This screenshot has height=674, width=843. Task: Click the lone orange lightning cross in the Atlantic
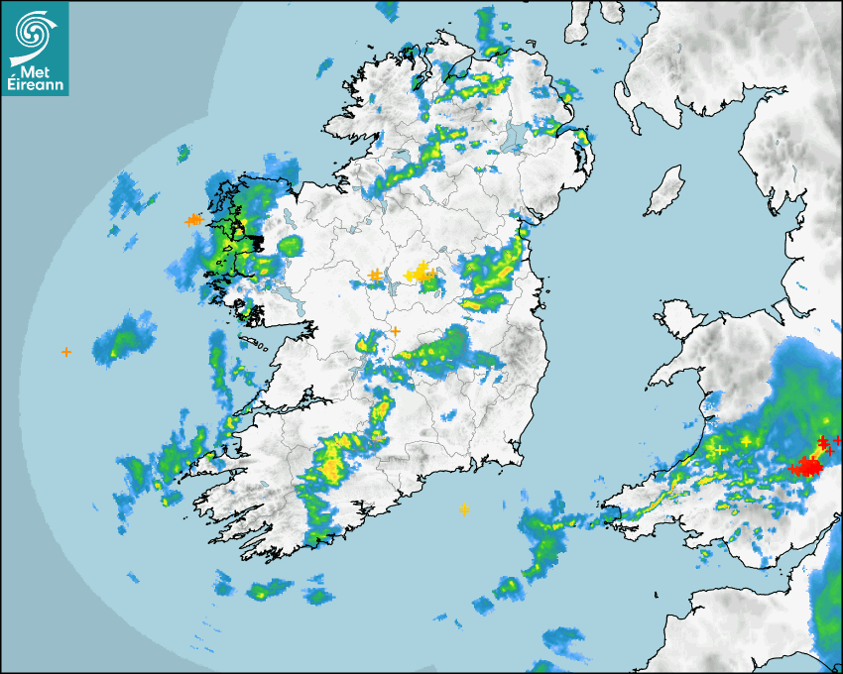(66, 351)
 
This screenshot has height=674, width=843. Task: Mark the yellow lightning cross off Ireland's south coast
(464, 509)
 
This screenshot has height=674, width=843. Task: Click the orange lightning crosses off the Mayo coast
(193, 219)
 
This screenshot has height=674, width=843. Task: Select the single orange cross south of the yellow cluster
(395, 331)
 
